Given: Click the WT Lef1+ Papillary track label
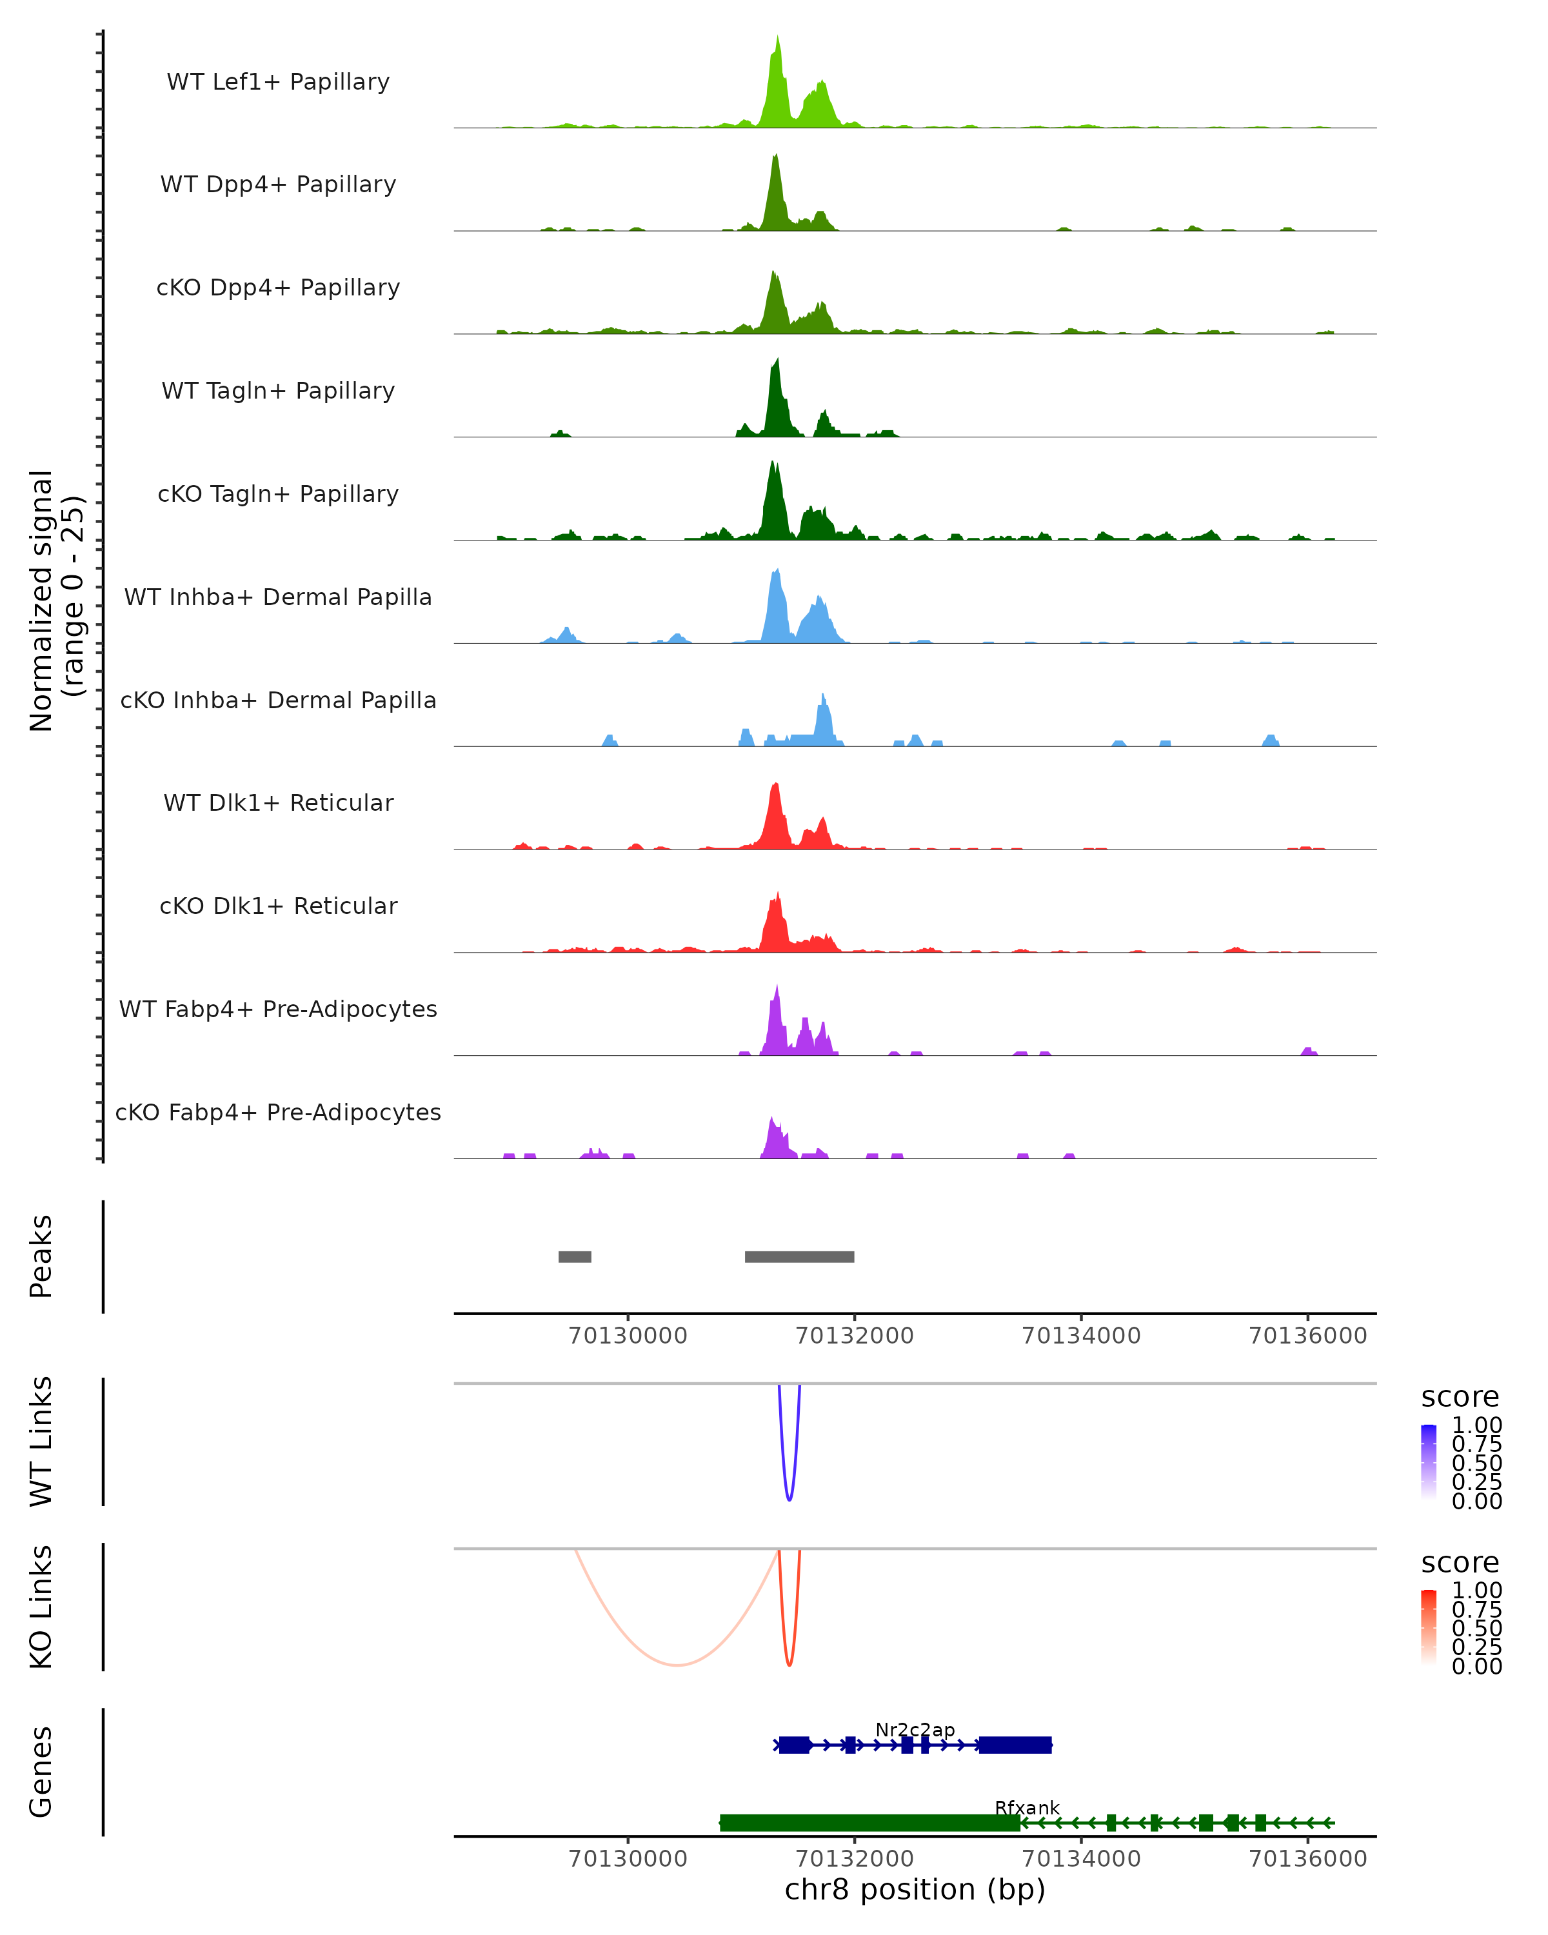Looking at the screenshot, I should point(278,82).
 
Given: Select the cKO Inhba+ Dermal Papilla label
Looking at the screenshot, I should point(278,700).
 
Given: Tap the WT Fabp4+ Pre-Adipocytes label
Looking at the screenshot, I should point(278,1009).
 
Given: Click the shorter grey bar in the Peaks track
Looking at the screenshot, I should point(574,1256).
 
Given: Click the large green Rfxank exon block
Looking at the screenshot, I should point(869,1823).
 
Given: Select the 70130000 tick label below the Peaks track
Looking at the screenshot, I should point(628,1336).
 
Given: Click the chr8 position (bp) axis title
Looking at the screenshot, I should point(915,1890).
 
